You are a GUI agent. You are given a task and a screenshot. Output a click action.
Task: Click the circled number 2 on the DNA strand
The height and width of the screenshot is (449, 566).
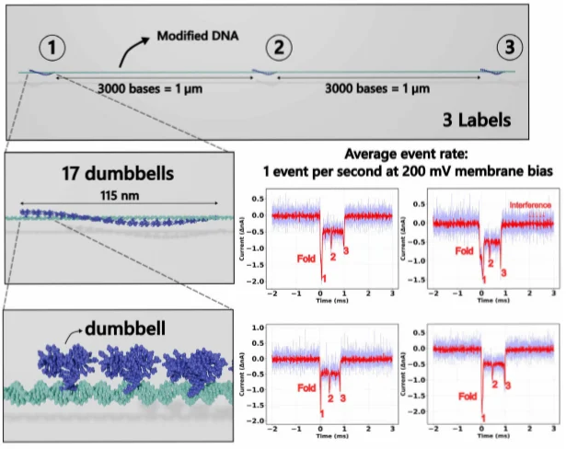coord(279,46)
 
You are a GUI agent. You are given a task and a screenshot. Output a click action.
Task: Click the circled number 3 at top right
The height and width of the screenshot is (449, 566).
coord(507,47)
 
